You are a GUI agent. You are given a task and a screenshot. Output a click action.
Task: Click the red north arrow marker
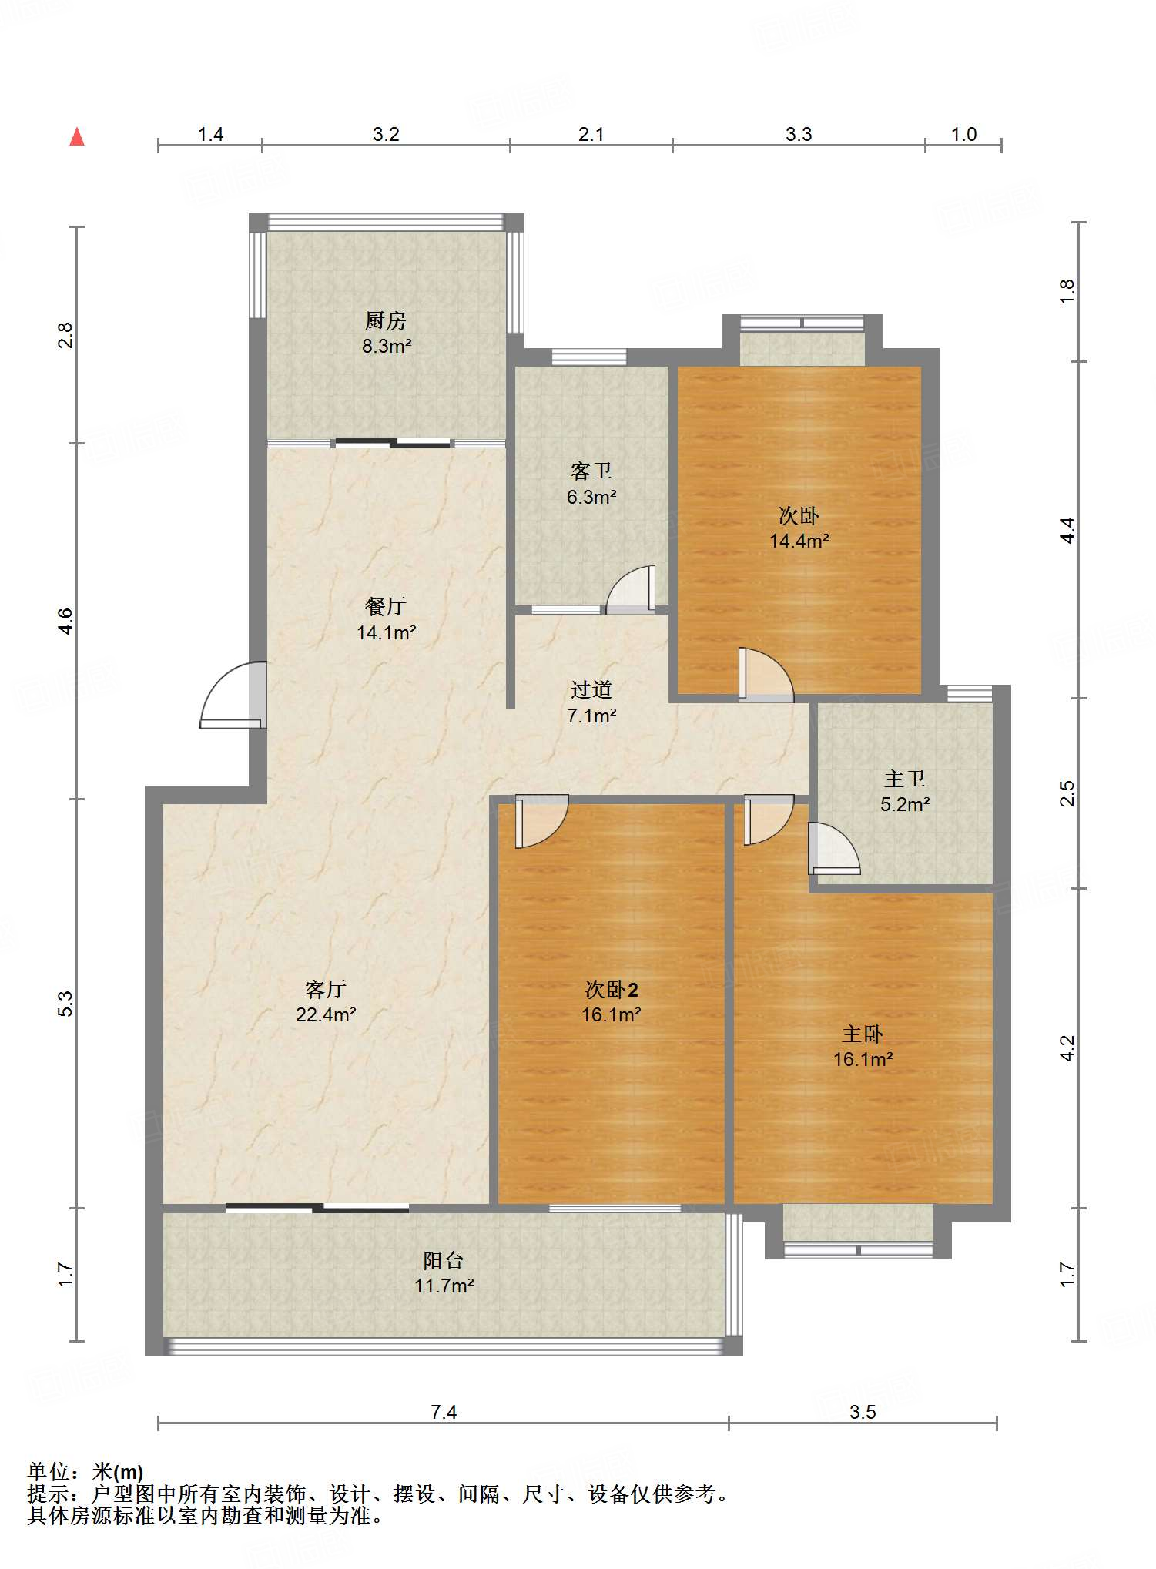click(77, 137)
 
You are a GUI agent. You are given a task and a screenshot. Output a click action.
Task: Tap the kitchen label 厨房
click(385, 320)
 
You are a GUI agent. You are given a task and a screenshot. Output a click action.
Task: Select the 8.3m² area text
click(387, 347)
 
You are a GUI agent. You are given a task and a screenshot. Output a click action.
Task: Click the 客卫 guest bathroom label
click(591, 471)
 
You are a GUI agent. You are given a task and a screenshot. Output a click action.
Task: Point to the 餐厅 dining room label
click(386, 606)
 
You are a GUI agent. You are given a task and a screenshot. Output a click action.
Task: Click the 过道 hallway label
click(591, 689)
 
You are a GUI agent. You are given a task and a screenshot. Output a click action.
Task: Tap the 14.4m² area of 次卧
click(799, 541)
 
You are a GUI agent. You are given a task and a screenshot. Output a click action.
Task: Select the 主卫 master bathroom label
click(905, 779)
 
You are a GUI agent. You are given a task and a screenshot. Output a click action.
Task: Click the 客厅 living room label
click(326, 988)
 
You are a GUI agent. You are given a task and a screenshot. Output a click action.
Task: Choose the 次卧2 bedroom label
click(612, 989)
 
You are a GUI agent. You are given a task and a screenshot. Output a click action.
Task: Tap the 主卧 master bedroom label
click(863, 1033)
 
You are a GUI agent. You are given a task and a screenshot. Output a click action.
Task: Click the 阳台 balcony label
click(444, 1260)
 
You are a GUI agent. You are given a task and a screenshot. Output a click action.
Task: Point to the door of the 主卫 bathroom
click(834, 849)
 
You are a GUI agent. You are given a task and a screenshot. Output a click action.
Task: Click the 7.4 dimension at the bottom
click(444, 1412)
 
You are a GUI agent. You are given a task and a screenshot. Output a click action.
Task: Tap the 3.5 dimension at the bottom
click(863, 1412)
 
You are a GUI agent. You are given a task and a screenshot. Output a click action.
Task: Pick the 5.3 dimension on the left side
click(65, 1004)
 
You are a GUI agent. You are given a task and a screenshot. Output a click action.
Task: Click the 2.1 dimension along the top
click(591, 135)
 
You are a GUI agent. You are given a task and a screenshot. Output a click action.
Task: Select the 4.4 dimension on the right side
click(1067, 530)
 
